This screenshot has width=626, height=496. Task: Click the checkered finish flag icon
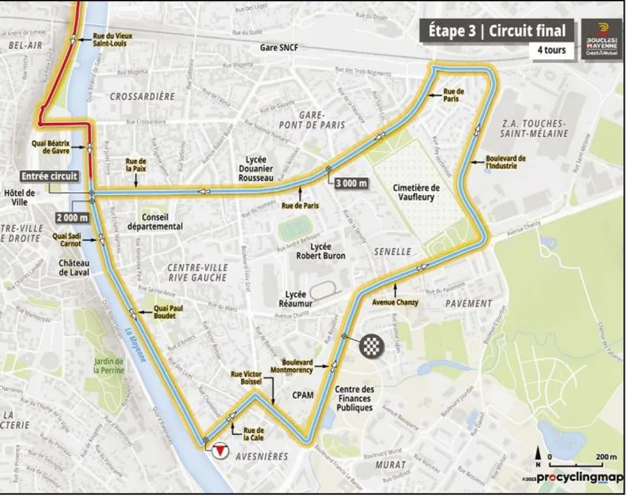tap(371, 345)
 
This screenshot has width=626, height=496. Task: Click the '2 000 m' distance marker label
tap(72, 217)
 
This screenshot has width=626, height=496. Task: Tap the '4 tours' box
tap(551, 50)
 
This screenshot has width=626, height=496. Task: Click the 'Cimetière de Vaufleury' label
tap(414, 192)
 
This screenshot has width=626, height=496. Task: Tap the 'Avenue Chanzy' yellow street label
tap(396, 303)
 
